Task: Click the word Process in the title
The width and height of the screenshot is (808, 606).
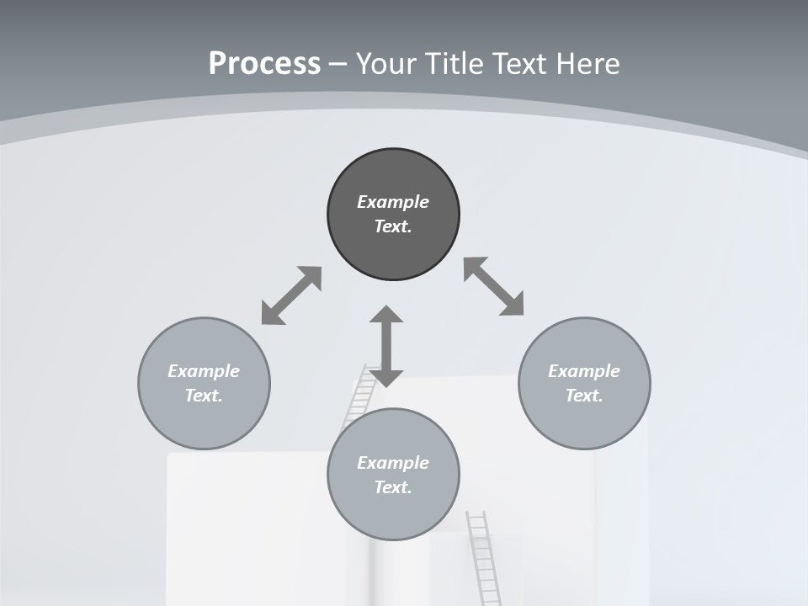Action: (264, 64)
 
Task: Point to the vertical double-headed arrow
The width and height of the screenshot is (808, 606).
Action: (386, 346)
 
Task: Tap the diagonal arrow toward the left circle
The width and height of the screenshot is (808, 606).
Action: (291, 295)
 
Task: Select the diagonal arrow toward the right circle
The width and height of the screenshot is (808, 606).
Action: (494, 286)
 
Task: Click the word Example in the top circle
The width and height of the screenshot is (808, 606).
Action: (393, 202)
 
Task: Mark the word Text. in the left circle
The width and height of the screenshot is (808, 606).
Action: (204, 396)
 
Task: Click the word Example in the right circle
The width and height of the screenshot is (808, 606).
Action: (584, 371)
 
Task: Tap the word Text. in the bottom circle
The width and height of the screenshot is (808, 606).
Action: (393, 487)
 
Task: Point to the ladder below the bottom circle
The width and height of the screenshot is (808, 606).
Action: (482, 555)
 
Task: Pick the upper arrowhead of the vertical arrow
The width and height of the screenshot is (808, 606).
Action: (386, 315)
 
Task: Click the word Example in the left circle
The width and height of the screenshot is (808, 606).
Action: (204, 371)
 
